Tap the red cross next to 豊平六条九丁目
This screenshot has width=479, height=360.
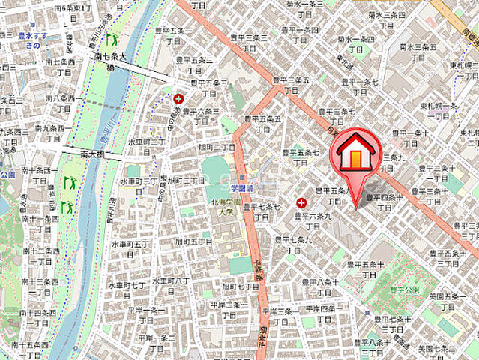tap(301, 202)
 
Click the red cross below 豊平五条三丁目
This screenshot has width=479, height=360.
tap(178, 98)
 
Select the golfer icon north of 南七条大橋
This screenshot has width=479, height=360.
tap(112, 38)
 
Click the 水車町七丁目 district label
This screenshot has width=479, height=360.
tap(127, 286)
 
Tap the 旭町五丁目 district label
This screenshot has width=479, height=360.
tap(193, 241)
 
